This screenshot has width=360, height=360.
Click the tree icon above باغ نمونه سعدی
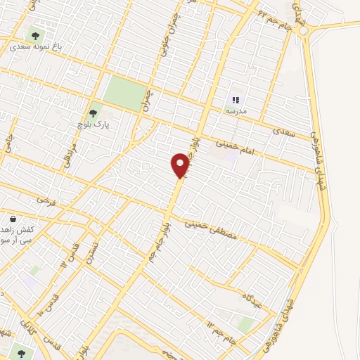(34, 34)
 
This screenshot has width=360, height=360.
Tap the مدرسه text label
(236, 112)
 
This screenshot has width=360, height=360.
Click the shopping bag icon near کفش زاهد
(13, 219)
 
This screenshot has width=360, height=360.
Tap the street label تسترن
(89, 250)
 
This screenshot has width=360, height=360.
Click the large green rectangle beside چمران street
(123, 94)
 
